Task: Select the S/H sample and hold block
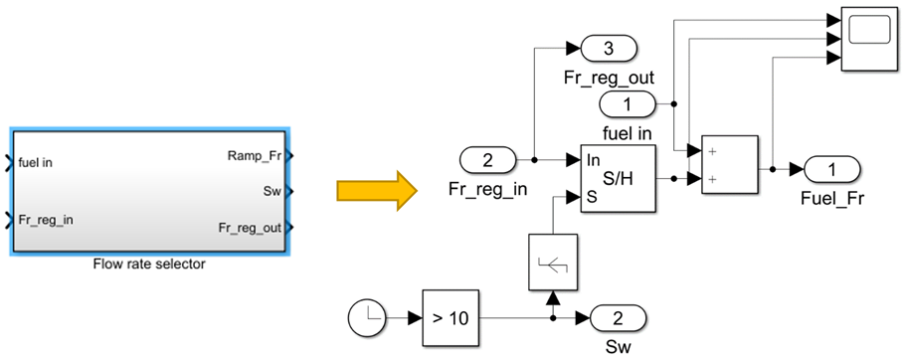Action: pos(617,178)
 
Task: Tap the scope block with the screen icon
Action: pos(869,39)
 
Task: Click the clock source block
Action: pos(370,319)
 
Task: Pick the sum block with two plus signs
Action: pos(729,165)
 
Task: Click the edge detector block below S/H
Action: pos(552,262)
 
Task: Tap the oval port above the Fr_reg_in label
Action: pos(487,159)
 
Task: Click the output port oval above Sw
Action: pos(618,319)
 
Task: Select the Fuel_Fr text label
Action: pos(830,197)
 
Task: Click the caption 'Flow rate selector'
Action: pos(150,265)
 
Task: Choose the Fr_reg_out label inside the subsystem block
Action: pos(251,228)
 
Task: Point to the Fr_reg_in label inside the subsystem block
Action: pos(45,220)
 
